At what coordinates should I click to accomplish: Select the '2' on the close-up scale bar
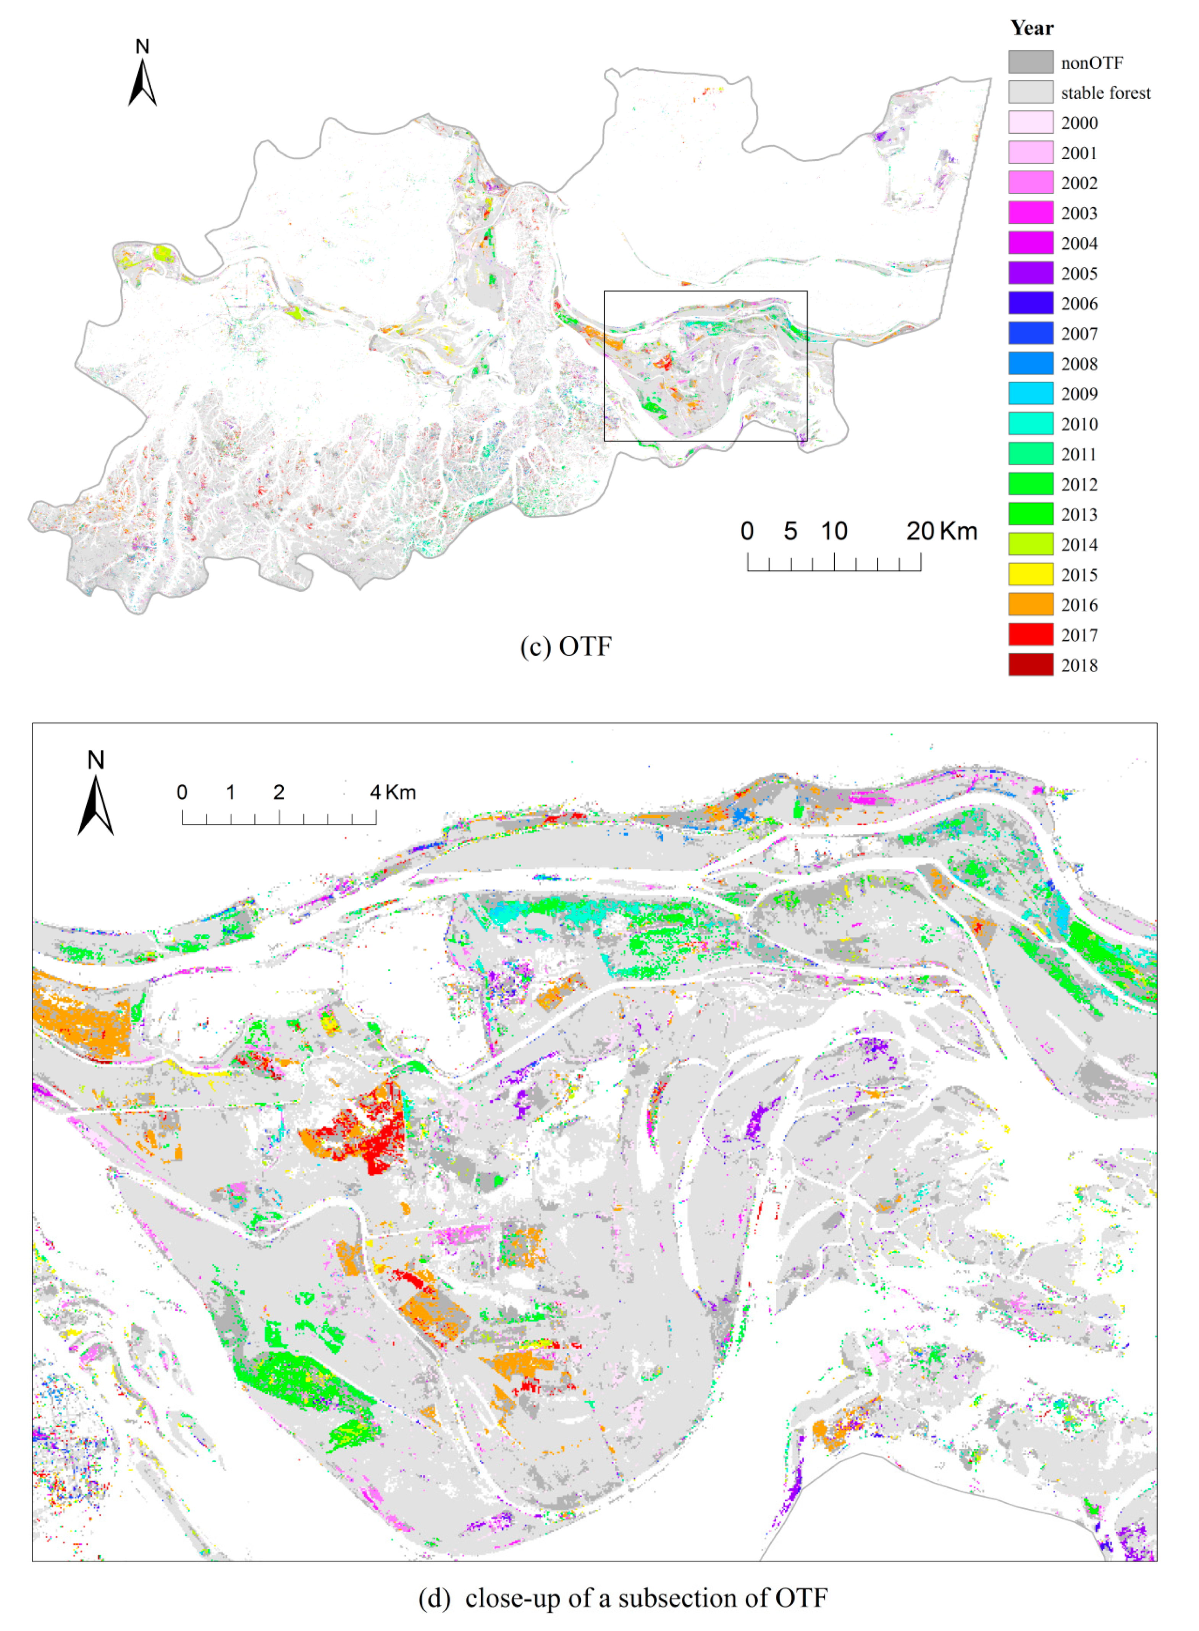tap(279, 792)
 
